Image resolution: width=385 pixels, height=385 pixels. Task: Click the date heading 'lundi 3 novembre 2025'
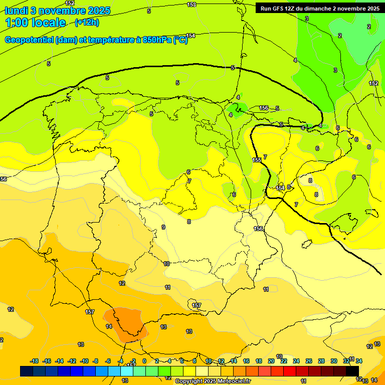click(x=58, y=11)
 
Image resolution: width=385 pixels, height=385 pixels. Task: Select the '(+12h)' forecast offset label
click(x=87, y=23)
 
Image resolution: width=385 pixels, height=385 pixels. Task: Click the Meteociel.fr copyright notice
click(x=213, y=381)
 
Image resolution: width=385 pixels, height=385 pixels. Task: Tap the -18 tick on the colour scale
click(x=35, y=361)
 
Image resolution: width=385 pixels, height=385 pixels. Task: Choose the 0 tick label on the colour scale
click(x=144, y=361)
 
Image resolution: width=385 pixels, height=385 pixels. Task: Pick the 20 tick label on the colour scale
click(x=271, y=361)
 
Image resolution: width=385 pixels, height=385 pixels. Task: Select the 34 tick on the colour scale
click(x=359, y=361)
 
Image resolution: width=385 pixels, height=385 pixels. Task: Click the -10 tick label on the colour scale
click(x=84, y=361)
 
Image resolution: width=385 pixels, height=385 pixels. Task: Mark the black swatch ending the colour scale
click(x=353, y=371)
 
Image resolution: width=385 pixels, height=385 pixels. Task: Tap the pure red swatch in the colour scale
click(x=289, y=371)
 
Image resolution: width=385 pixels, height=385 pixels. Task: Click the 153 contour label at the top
click(x=191, y=5)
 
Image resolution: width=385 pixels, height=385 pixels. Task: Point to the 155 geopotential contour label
click(x=257, y=160)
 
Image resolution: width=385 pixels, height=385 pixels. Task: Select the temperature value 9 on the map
click(x=163, y=227)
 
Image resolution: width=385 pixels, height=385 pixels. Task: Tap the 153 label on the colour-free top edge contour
click(x=191, y=5)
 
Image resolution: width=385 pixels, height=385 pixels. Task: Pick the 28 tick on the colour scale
click(x=321, y=361)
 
